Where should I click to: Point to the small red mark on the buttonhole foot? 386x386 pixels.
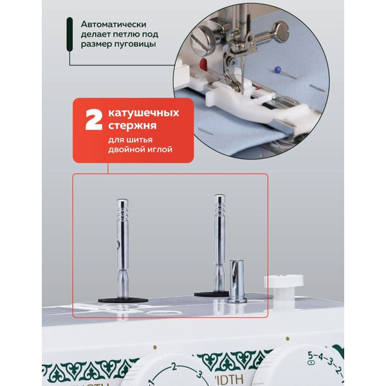pyautogui.click(x=203, y=64)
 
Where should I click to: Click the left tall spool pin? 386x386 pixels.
pyautogui.click(x=122, y=244)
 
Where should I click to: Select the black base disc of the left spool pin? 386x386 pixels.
pyautogui.click(x=123, y=300)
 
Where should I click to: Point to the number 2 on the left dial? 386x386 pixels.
pyautogui.click(x=172, y=367)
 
